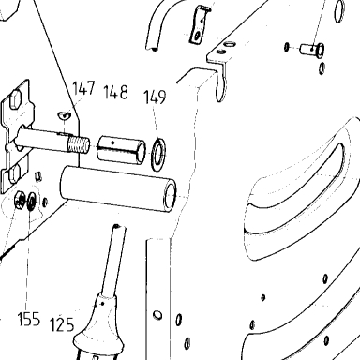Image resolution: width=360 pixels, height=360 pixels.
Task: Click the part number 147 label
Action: pos(83,88)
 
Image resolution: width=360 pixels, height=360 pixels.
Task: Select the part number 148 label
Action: pos(116,93)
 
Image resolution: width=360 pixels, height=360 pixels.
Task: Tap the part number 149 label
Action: pos(155,97)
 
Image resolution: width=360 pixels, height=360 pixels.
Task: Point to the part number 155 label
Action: pos(29,319)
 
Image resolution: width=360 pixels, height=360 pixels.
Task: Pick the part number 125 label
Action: pos(62,324)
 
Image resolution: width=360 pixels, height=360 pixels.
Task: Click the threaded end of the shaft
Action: pos(79,144)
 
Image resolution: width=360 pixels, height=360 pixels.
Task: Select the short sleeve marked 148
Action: pos(121,150)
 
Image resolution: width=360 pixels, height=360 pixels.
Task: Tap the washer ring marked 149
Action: pos(158,154)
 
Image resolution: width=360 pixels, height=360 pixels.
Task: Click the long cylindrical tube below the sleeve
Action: pos(118,189)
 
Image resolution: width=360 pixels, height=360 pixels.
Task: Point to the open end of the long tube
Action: pos(171,196)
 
